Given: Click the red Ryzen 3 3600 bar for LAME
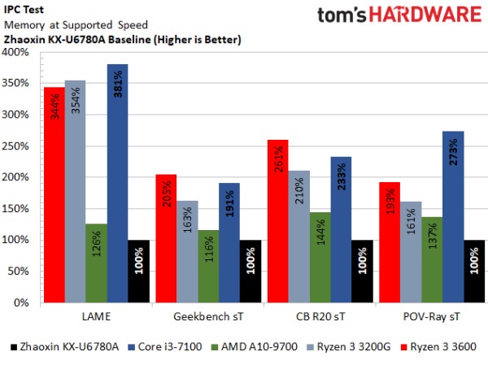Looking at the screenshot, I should (54, 194).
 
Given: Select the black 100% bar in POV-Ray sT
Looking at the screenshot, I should (475, 272).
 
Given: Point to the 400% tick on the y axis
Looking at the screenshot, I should (15, 52).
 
